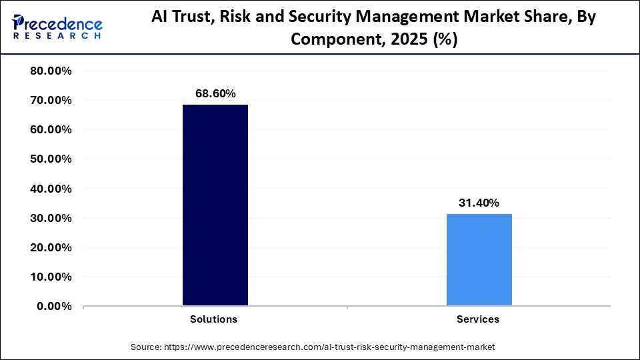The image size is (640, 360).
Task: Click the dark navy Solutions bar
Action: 215,205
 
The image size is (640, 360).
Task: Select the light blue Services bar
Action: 479,260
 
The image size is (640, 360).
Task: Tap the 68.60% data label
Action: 215,94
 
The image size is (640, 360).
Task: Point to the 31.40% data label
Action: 479,203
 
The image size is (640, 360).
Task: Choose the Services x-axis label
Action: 478,319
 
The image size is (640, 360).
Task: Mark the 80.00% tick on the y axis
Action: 51,71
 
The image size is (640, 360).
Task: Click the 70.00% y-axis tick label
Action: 51,101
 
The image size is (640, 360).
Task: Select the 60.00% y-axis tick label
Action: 51,130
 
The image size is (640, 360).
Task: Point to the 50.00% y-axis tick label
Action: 51,159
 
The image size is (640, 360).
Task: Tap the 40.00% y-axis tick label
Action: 51,189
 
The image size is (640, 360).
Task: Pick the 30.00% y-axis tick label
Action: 51,218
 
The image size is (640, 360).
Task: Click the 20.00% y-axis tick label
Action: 51,247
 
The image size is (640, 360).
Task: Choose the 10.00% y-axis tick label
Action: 51,277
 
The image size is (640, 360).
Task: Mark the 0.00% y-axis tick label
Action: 54,306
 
